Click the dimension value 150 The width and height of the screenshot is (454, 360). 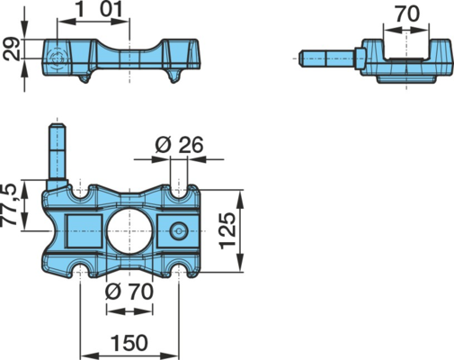(x=129, y=343)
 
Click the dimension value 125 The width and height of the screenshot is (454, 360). (x=228, y=231)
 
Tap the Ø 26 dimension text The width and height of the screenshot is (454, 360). (x=179, y=145)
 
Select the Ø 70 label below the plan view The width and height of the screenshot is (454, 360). (x=129, y=292)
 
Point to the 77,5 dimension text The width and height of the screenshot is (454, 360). (x=9, y=204)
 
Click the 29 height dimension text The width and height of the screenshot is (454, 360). (x=11, y=49)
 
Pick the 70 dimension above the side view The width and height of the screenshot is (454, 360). (x=406, y=14)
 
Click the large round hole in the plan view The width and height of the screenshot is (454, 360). (x=129, y=231)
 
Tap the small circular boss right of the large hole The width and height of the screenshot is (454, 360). (x=179, y=231)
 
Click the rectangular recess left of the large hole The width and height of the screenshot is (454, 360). (x=84, y=230)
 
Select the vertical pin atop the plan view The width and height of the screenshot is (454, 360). (x=57, y=157)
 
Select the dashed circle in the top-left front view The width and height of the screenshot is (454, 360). (x=57, y=58)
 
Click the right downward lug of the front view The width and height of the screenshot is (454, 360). (x=174, y=76)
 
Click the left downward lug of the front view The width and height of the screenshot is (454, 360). (x=85, y=76)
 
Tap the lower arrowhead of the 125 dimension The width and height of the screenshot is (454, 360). (x=240, y=263)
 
